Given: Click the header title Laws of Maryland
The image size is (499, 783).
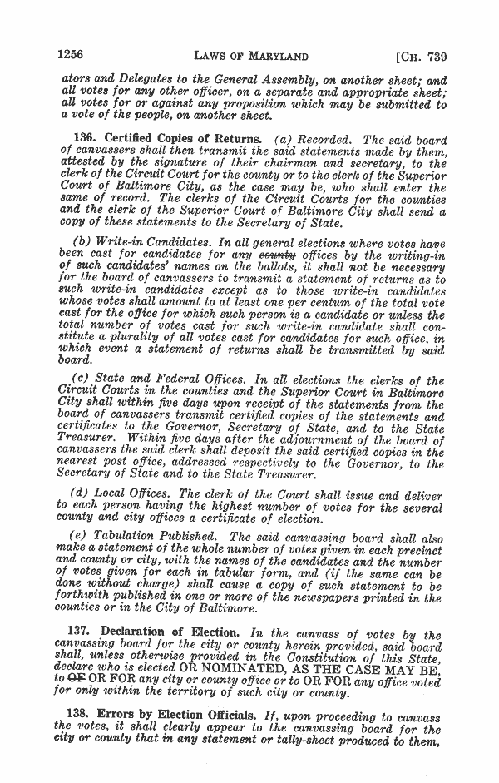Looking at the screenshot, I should [x=250, y=56].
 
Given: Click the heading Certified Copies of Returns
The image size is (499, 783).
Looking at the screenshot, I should [x=176, y=139].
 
